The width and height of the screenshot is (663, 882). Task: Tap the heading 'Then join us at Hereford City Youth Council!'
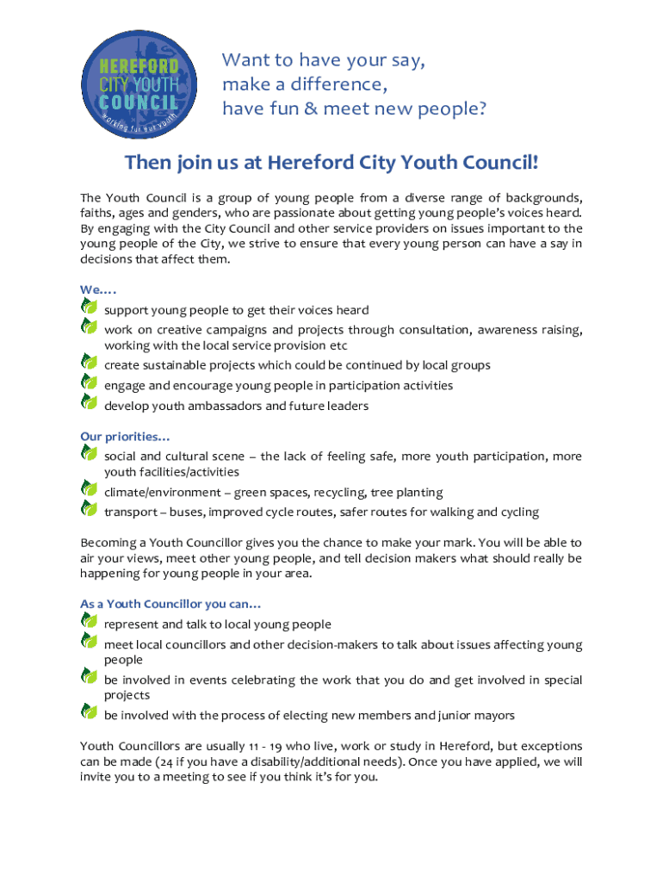click(331, 163)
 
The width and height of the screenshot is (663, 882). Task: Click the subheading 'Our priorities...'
click(125, 437)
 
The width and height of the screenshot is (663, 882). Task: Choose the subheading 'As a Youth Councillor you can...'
click(170, 604)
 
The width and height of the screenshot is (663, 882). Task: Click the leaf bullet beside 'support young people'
click(89, 306)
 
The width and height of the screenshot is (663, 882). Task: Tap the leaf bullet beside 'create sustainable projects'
click(89, 361)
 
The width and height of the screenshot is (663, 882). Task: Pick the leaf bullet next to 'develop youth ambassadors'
click(89, 401)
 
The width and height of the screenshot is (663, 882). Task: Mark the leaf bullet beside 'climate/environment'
click(89, 488)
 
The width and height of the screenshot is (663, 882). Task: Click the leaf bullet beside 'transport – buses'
click(89, 508)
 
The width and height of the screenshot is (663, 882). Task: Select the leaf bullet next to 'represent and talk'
click(89, 620)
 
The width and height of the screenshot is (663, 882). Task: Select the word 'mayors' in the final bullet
click(497, 715)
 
